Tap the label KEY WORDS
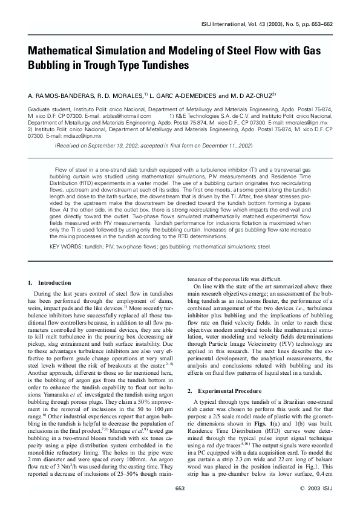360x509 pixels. pos(62,246)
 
